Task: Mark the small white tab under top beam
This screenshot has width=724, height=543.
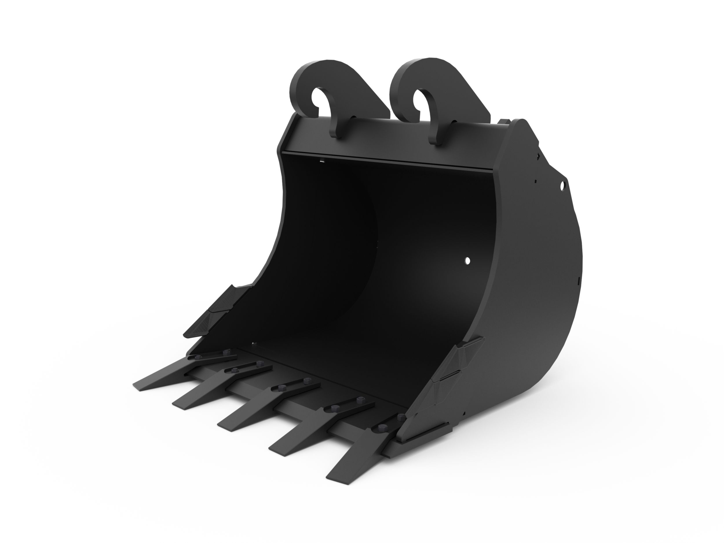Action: [322, 160]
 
